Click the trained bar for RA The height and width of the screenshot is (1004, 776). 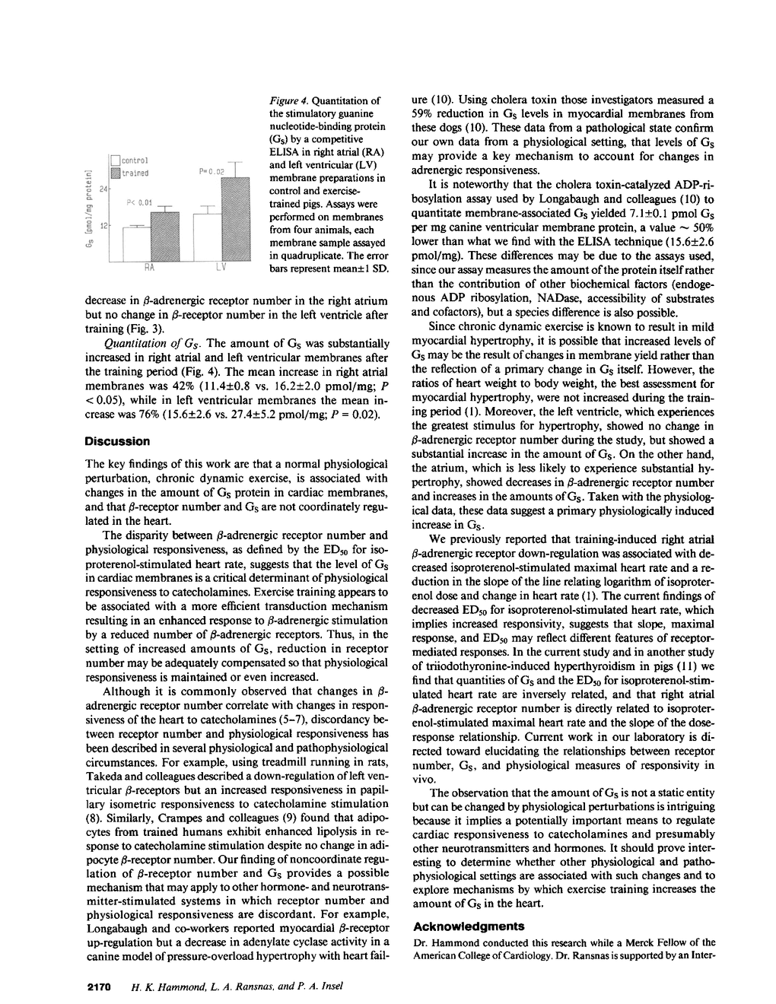click(x=165, y=237)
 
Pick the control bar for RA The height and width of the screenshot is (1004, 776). click(x=137, y=244)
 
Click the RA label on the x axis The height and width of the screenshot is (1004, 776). click(x=151, y=268)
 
